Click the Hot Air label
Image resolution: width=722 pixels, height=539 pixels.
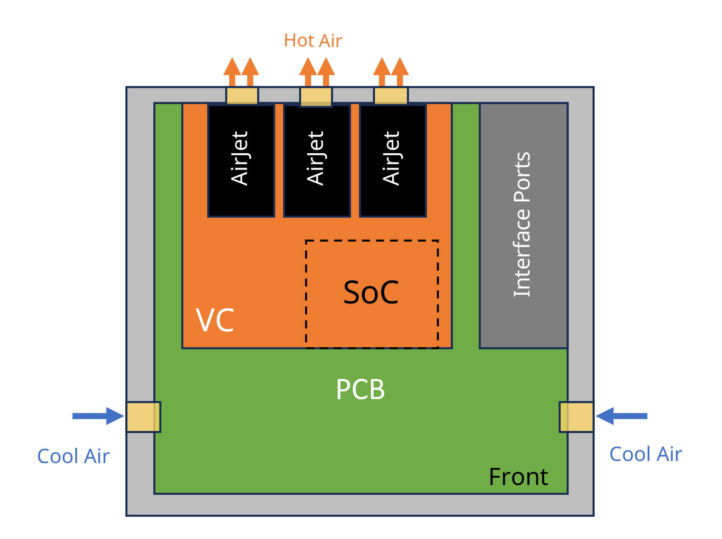click(313, 41)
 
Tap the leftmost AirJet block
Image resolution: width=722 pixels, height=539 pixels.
click(241, 161)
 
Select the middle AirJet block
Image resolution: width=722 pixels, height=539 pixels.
click(317, 161)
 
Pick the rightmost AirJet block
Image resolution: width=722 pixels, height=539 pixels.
click(393, 161)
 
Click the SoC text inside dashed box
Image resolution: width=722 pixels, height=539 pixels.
click(371, 292)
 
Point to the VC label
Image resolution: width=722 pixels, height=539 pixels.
click(215, 320)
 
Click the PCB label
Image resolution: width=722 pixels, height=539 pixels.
click(360, 389)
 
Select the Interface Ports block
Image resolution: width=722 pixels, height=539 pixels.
click(524, 225)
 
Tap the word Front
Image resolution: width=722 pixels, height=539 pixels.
click(518, 477)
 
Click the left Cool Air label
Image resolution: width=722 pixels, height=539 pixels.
click(73, 456)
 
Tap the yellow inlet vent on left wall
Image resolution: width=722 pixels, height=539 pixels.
click(144, 417)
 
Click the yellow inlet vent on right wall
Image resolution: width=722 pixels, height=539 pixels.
click(576, 417)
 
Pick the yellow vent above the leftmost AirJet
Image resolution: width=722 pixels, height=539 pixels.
click(242, 96)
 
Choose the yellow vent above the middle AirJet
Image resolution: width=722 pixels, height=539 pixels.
click(316, 96)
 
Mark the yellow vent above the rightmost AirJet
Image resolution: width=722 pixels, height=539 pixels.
click(391, 96)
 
